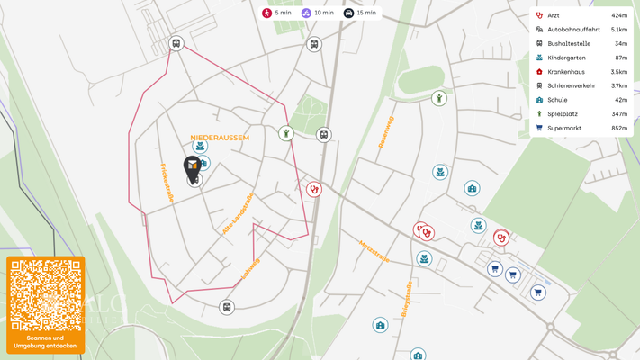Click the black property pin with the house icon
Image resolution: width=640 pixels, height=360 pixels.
(x=192, y=166)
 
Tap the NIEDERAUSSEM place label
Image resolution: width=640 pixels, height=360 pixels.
(x=220, y=138)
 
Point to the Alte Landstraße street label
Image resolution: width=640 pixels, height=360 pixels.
(x=238, y=213)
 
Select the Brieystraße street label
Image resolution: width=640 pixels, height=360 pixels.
(x=408, y=300)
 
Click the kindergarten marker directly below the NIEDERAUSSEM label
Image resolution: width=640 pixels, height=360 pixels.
(x=200, y=147)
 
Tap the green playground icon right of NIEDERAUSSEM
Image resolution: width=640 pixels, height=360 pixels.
(x=285, y=133)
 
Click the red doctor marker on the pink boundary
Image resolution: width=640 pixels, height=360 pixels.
(x=313, y=189)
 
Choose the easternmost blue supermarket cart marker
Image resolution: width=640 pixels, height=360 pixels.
(x=537, y=292)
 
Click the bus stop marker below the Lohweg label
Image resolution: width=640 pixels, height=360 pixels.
(x=227, y=307)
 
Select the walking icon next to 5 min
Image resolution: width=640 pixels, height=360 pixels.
(x=267, y=13)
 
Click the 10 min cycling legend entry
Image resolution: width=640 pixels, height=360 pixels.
(x=317, y=13)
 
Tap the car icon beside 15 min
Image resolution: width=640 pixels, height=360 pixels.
(x=348, y=13)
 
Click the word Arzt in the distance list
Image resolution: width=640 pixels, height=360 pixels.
(x=554, y=15)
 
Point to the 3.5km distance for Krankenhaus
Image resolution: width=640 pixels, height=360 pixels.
(x=618, y=72)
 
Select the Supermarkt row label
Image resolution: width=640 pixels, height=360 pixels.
(x=564, y=128)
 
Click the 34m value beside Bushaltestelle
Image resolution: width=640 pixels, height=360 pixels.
(x=621, y=43)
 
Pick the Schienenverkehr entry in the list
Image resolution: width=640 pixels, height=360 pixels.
(x=571, y=85)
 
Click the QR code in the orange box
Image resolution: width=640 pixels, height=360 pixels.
(x=45, y=295)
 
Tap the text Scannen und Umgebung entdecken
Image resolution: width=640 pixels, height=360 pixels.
(x=45, y=342)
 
